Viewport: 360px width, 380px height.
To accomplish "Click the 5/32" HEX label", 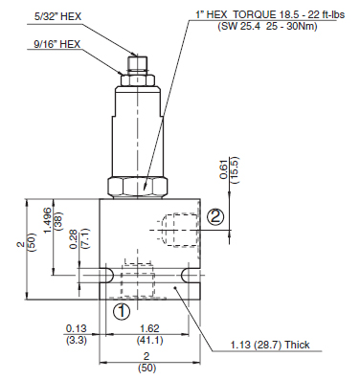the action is (57, 16).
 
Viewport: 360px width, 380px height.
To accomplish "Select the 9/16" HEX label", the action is (57, 44).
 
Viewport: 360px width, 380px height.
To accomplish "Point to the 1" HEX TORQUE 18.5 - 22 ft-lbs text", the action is (270, 14).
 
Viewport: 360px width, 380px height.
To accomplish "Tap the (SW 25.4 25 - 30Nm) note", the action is (267, 26).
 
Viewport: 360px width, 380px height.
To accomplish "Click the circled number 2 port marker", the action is (215, 217).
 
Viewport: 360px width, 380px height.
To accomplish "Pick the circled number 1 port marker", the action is (122, 311).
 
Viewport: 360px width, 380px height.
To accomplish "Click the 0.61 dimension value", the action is (224, 169).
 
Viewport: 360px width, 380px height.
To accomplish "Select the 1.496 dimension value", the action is (48, 220).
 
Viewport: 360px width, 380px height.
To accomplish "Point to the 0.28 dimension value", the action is (74, 239).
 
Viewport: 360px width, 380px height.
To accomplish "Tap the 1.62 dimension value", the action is (149, 328).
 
